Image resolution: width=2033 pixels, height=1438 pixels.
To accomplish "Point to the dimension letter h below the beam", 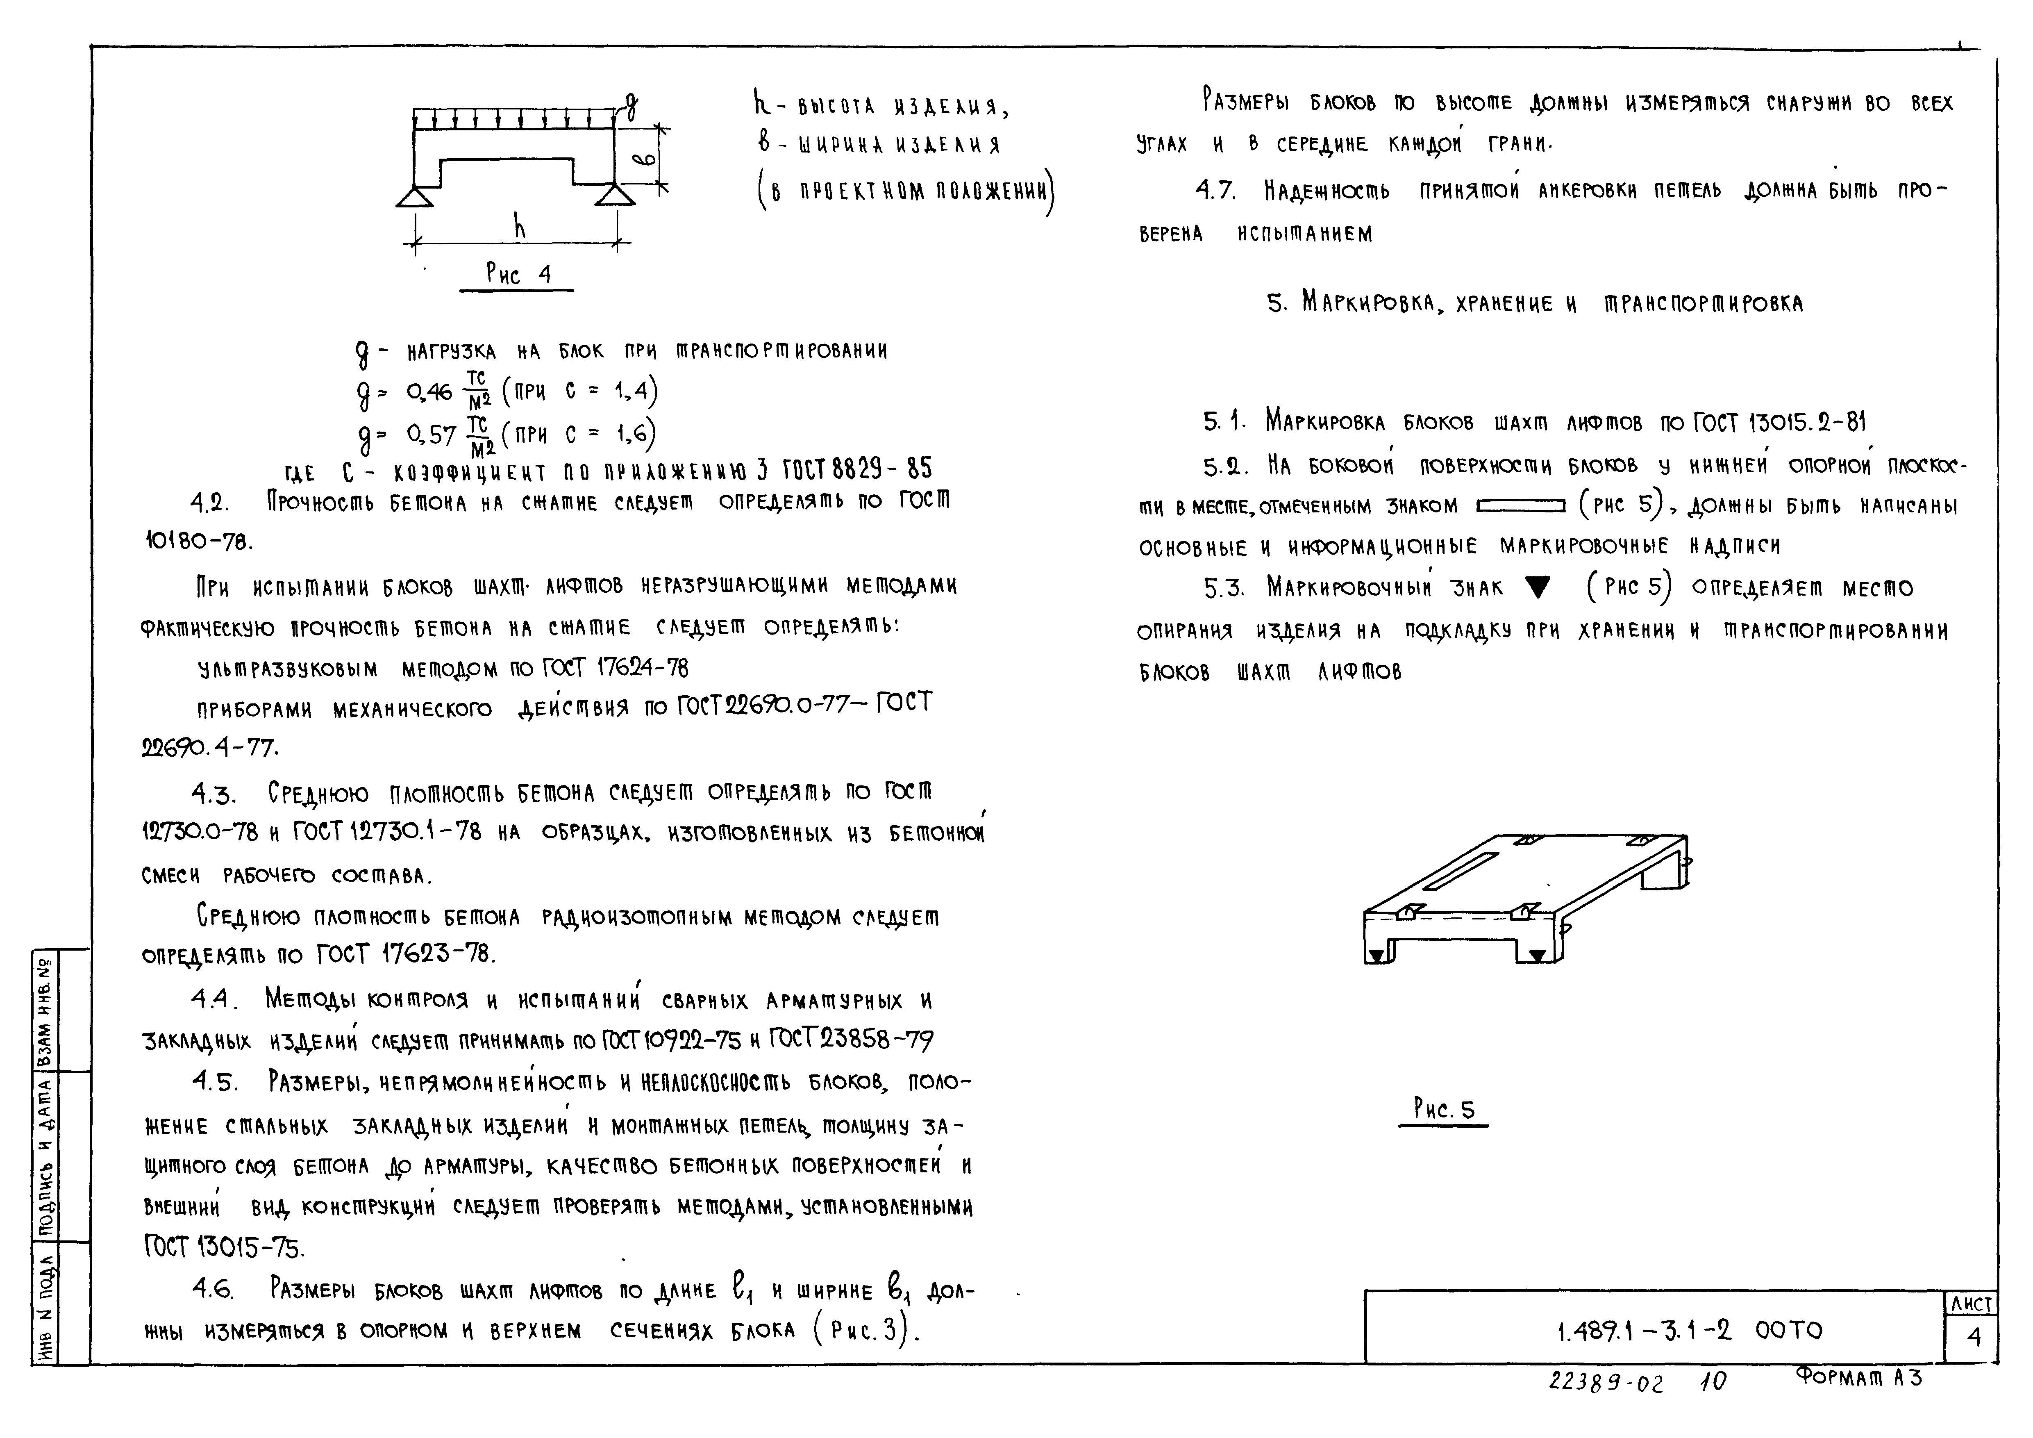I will coord(520,228).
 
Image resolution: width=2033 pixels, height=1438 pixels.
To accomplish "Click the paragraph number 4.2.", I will coord(210,504).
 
